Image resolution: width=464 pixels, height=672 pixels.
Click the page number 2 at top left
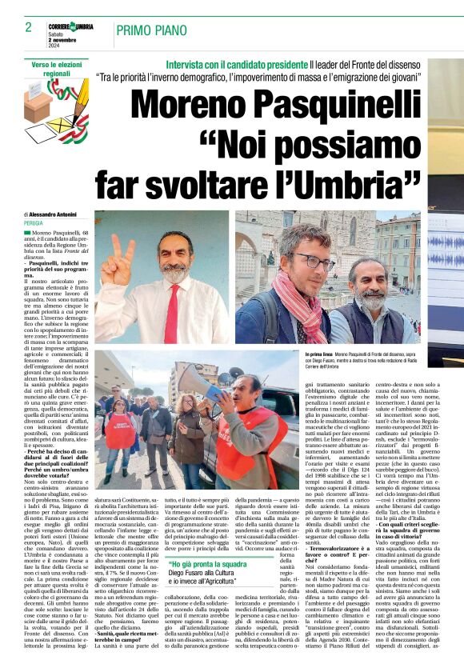[27, 27]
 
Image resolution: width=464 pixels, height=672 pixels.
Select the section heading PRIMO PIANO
[150, 30]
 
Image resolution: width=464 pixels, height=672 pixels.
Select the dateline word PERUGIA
[34, 223]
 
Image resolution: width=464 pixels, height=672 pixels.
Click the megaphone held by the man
[197, 380]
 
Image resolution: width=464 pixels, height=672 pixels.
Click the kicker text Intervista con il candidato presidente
[229, 63]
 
